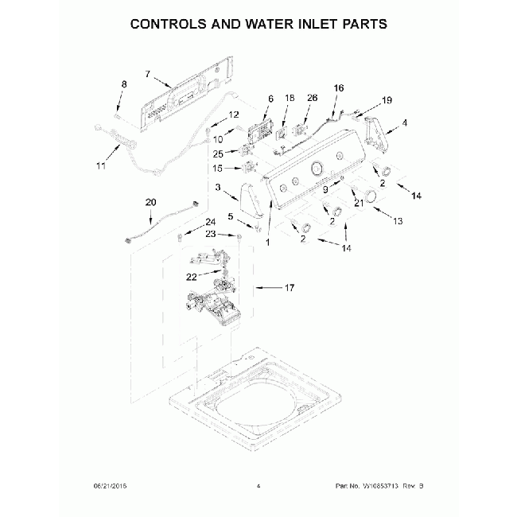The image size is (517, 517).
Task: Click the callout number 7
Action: [x=147, y=74]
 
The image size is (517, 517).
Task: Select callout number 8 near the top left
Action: [x=123, y=84]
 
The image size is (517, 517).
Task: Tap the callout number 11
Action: [x=100, y=166]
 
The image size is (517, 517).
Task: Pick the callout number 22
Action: [x=191, y=277]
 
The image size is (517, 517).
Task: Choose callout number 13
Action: [x=398, y=220]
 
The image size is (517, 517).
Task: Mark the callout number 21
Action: [x=358, y=204]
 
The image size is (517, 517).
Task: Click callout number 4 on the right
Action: [x=404, y=122]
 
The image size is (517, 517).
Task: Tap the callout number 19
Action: [x=387, y=101]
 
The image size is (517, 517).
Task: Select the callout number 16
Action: [x=339, y=87]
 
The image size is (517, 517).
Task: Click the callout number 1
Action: [x=268, y=241]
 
